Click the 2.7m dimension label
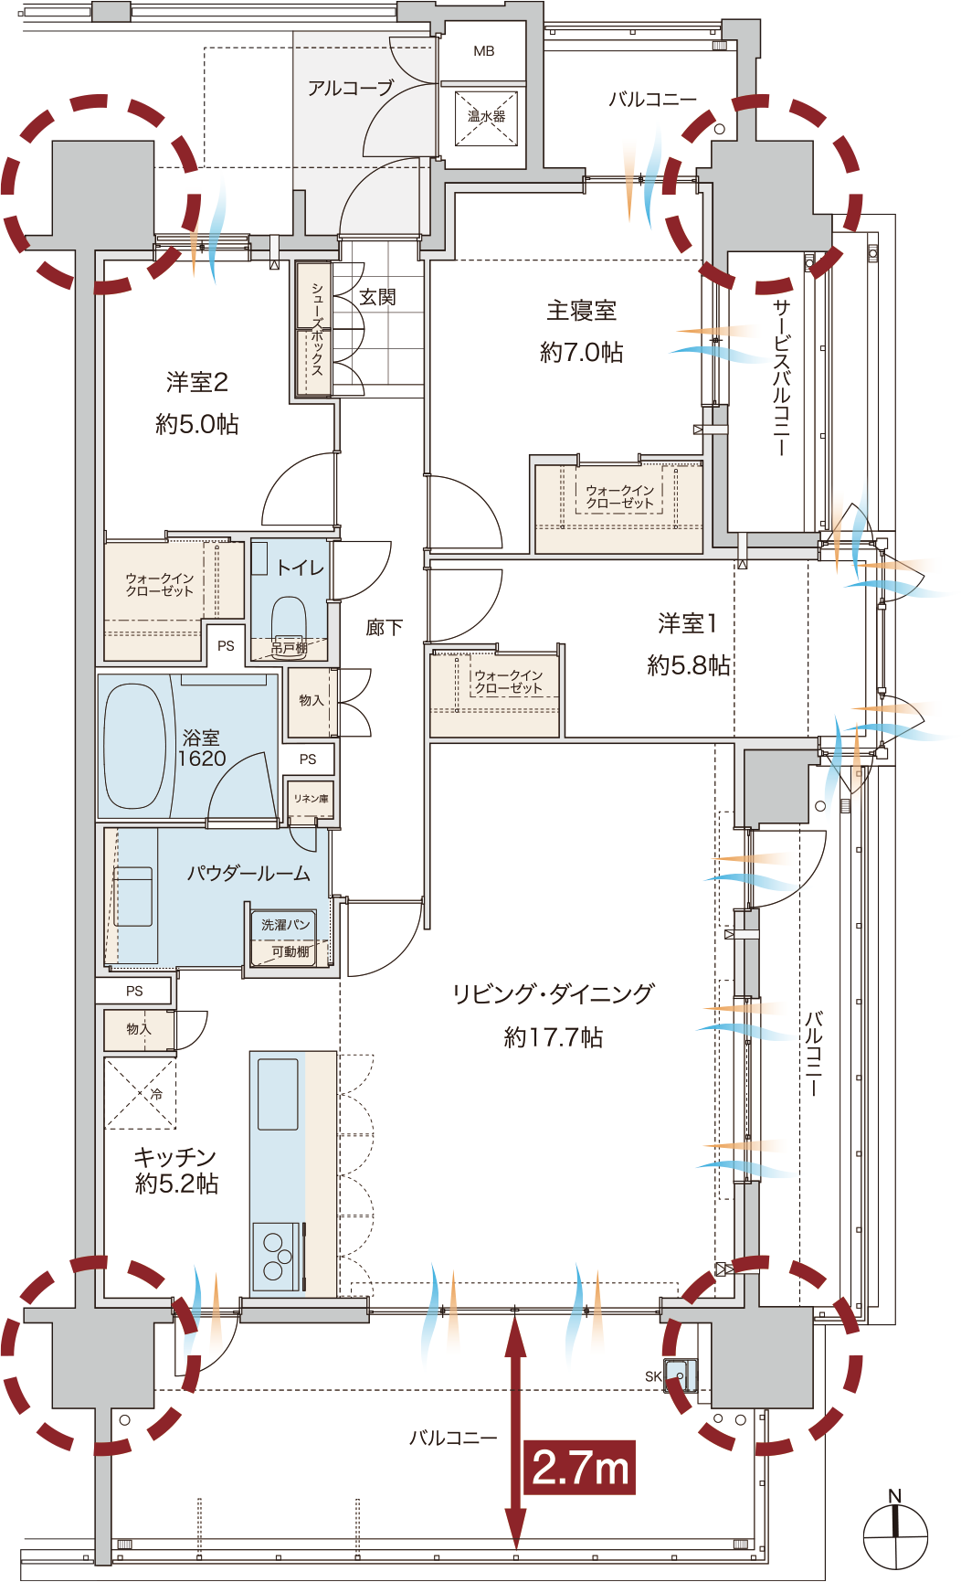(x=580, y=1468)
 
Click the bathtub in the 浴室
(x=135, y=746)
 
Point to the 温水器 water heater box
(x=486, y=117)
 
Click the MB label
(x=484, y=51)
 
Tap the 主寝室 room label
(x=581, y=311)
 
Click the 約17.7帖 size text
(x=554, y=1037)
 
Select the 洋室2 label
(x=197, y=382)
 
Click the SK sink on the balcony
(x=680, y=1375)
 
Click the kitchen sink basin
(x=278, y=1094)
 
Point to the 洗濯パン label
(x=285, y=925)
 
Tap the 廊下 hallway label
(x=384, y=627)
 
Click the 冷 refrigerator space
(x=141, y=1093)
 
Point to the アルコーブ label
(x=351, y=88)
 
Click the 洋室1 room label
(x=688, y=623)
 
